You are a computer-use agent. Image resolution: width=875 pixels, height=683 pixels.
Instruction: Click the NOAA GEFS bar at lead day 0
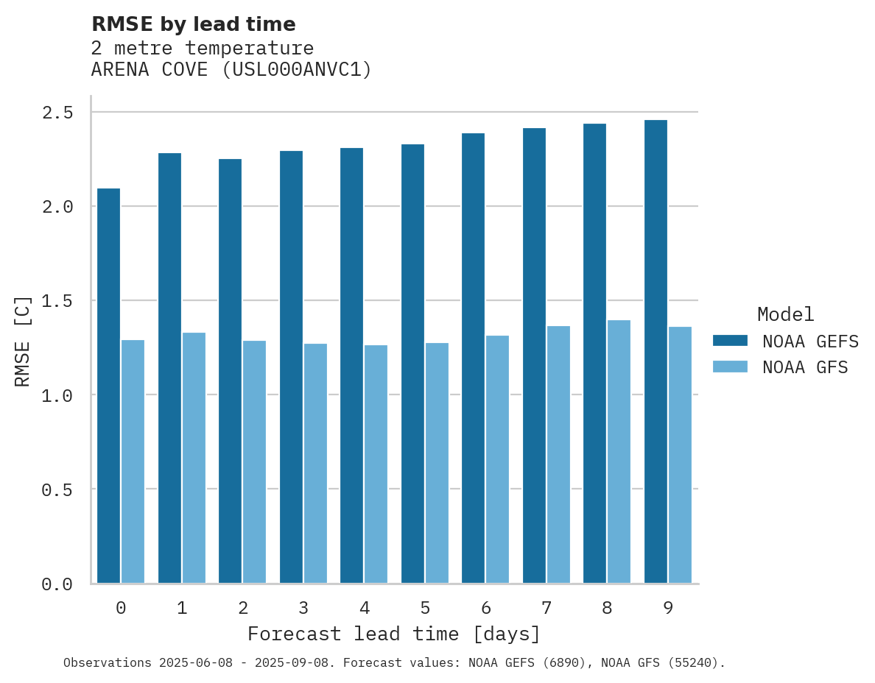[108, 386]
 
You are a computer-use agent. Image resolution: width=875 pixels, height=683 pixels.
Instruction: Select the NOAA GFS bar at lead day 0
[133, 461]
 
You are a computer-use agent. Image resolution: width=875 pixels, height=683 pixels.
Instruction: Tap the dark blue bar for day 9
[656, 352]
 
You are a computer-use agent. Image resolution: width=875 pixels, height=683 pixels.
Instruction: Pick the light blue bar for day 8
[619, 451]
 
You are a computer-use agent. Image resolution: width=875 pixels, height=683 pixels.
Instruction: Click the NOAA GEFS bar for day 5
[412, 364]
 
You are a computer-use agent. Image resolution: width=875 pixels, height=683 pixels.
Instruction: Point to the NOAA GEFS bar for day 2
[230, 371]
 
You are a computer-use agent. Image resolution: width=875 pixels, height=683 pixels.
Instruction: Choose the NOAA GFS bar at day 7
[558, 454]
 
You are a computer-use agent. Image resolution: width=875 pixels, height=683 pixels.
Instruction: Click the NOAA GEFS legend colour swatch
[730, 341]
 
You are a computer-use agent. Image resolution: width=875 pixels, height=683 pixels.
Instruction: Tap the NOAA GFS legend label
[805, 367]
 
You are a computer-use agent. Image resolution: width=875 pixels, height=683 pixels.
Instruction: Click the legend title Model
[785, 314]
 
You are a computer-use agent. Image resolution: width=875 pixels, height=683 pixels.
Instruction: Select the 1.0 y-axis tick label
[57, 396]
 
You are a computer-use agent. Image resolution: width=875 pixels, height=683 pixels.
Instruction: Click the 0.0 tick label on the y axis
[57, 585]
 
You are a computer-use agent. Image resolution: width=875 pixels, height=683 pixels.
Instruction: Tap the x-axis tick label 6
[486, 609]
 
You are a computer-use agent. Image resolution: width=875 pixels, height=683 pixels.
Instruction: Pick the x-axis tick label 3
[303, 609]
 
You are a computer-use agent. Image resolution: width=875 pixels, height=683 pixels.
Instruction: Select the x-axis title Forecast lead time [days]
[394, 634]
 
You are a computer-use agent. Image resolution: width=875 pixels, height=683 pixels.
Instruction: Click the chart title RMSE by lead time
[194, 24]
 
